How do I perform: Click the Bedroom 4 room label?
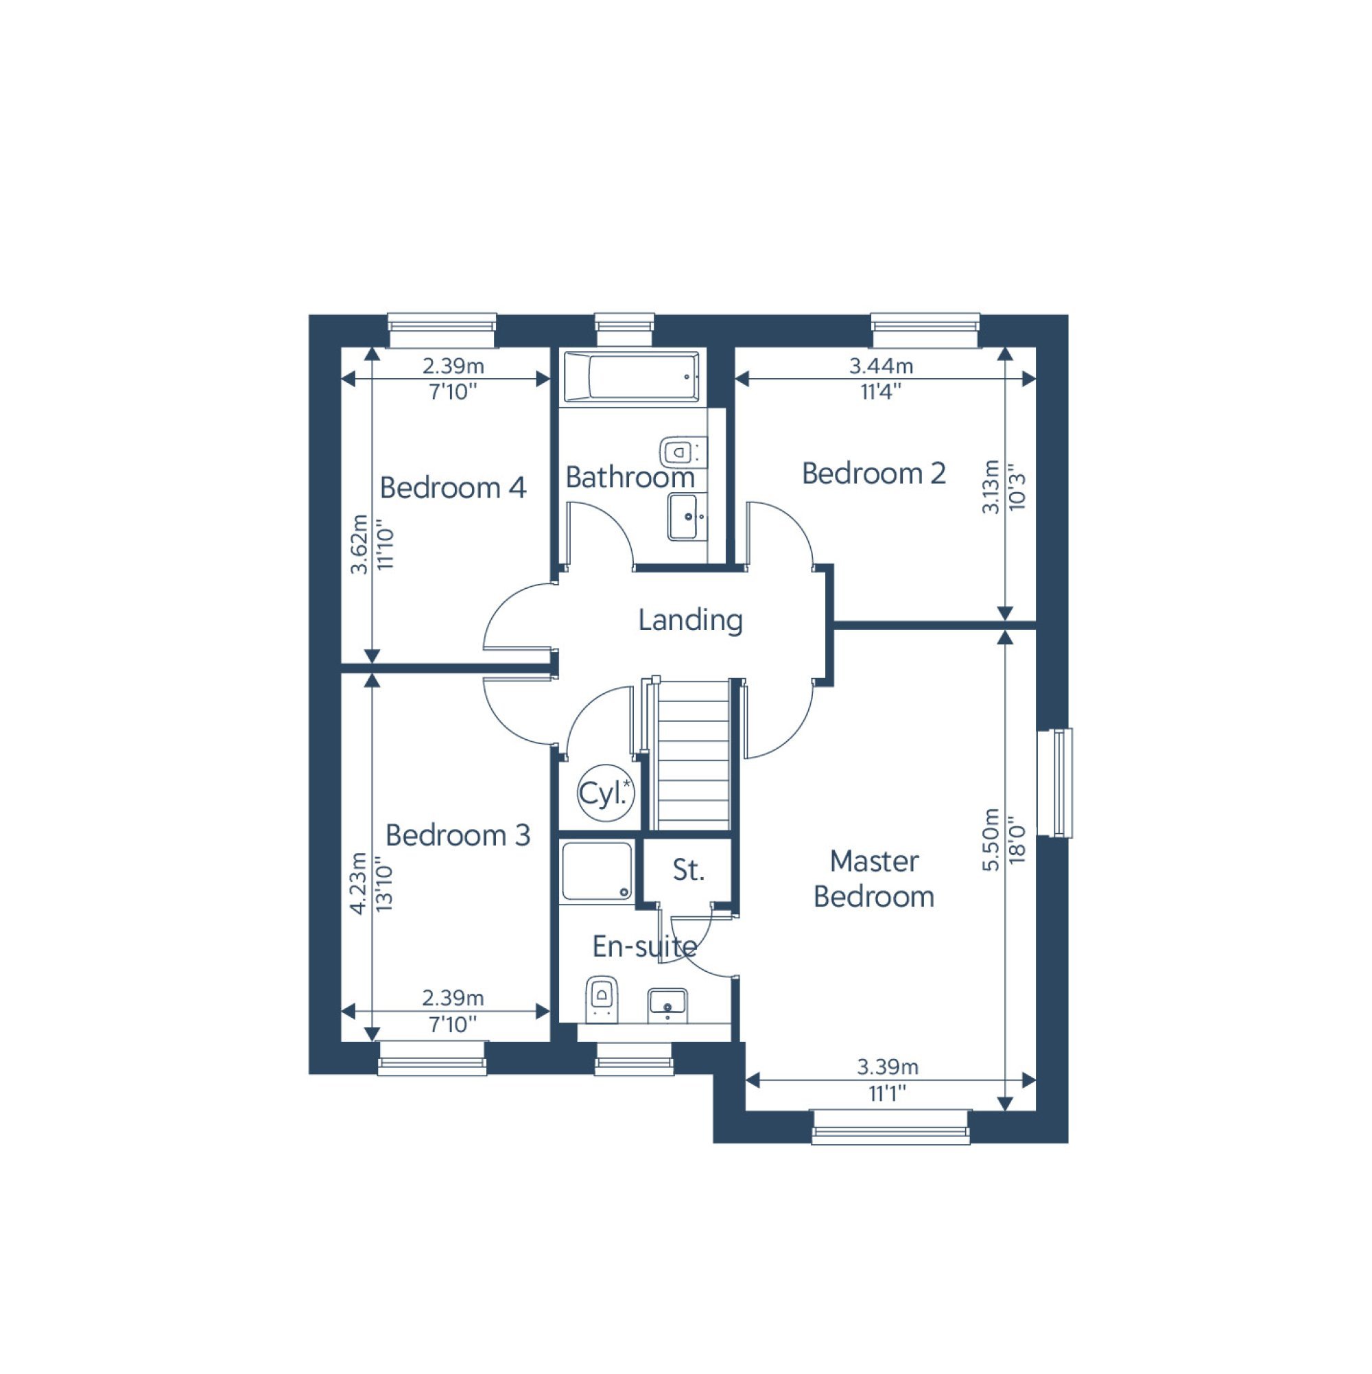click(453, 488)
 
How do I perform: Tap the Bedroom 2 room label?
click(874, 474)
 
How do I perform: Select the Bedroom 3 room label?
click(458, 835)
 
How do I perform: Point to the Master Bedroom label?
click(874, 879)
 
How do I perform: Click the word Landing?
click(690, 620)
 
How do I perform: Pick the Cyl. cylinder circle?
click(606, 793)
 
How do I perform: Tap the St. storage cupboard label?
click(687, 870)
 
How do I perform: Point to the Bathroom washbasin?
click(687, 517)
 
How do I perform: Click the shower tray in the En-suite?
click(596, 871)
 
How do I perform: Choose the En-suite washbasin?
click(667, 1005)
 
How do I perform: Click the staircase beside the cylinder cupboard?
click(693, 755)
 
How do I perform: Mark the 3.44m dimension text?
click(881, 366)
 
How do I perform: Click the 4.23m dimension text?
click(359, 883)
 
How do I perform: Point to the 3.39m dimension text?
click(887, 1067)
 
